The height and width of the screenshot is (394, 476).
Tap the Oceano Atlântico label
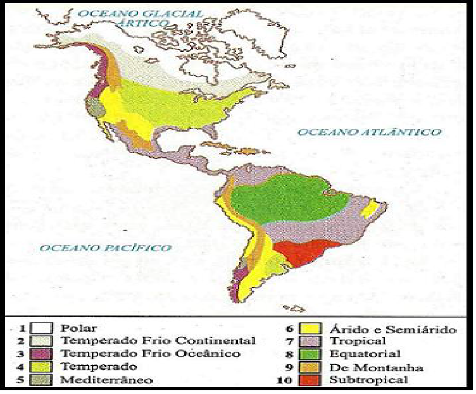[369, 132]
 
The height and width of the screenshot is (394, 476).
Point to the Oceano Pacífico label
[105, 247]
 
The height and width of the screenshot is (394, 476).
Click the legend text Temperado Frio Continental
[158, 342]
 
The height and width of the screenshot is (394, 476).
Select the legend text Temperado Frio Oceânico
[150, 354]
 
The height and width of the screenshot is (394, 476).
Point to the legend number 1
[24, 329]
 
